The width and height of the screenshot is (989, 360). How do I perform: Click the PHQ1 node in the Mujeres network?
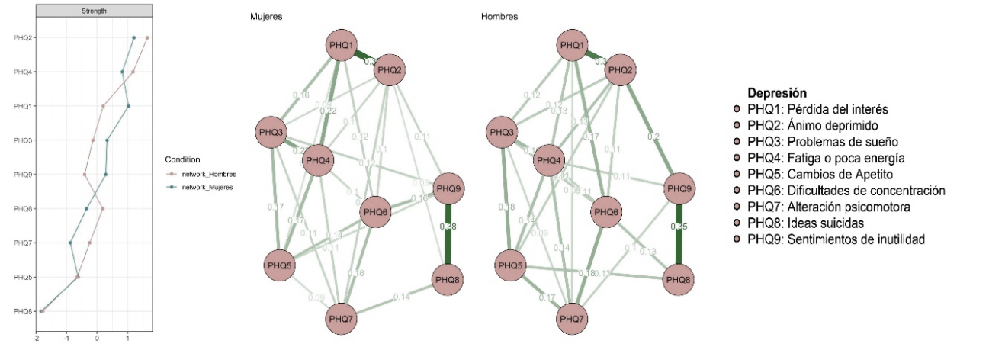pos(342,46)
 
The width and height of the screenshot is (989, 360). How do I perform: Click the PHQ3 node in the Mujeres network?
pos(271,133)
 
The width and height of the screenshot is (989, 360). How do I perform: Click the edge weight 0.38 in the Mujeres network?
pos(451,227)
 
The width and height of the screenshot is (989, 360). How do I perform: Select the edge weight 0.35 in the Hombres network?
pos(678,227)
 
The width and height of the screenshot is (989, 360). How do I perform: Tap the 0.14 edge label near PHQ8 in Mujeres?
pos(402,297)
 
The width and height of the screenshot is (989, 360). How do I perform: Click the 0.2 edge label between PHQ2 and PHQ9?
pos(653,137)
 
